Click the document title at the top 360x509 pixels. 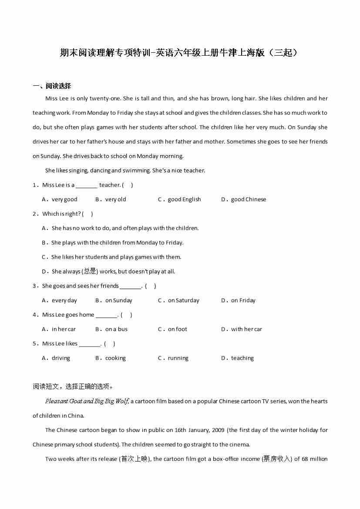pos(179,53)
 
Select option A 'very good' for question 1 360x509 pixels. pos(64,199)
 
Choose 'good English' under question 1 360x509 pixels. pos(184,199)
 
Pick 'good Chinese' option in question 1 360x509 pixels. pos(248,199)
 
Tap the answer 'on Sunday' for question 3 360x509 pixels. pos(118,300)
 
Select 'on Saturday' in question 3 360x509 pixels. pos(183,300)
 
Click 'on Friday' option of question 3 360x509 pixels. pos(243,300)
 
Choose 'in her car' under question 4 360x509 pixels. pos(64,329)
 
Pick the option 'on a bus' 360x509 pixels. pos(116,329)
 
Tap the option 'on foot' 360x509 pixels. pos(177,329)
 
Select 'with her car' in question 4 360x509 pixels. pos(246,329)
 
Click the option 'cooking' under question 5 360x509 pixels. pos(115,358)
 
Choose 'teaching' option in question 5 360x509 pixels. pos(242,358)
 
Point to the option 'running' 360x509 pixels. pos(178,358)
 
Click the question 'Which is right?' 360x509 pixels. pos(61,214)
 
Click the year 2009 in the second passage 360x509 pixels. pos(216,430)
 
